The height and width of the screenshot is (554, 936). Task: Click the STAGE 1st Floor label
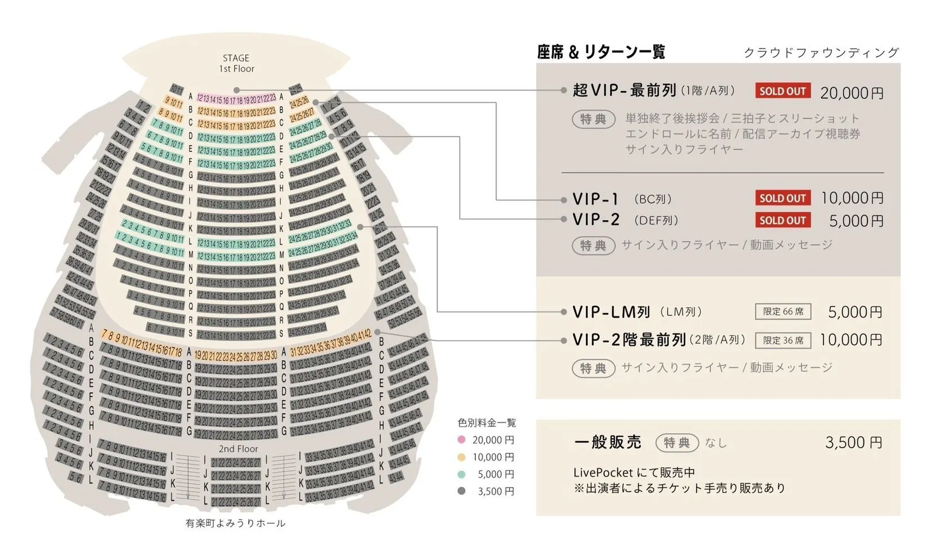pos(236,63)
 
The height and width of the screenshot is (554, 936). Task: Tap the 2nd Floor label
pos(238,449)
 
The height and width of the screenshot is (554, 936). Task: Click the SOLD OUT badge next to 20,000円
pos(782,91)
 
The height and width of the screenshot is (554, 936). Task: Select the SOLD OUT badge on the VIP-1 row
pos(782,198)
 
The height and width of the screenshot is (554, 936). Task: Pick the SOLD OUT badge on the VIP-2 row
pos(782,220)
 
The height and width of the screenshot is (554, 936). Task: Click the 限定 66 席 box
pos(783,311)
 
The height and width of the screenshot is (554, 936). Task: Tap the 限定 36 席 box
pos(783,340)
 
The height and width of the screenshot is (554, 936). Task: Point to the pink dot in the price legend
pos(462,440)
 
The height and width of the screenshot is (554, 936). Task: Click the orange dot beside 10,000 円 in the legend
pos(462,457)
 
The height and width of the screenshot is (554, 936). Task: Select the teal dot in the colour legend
pos(462,474)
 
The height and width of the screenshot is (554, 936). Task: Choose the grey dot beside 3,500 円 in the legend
pos(462,491)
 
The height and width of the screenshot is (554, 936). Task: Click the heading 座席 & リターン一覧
pos(601,52)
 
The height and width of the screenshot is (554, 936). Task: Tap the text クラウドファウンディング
pos(821,53)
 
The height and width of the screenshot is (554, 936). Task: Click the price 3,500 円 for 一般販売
pos(853,443)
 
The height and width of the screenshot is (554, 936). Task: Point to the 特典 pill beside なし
pos(677,443)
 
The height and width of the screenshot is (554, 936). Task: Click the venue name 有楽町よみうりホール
pos(236,523)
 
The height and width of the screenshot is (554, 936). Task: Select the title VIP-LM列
pos(611,312)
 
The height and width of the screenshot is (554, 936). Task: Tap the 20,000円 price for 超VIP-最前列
pos(852,92)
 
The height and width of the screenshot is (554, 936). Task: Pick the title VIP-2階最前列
pos(629,340)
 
